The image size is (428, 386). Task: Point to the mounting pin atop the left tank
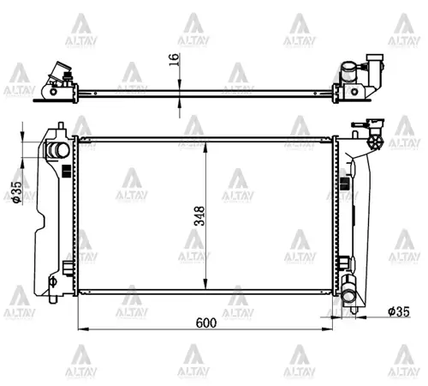tap(62, 125)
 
